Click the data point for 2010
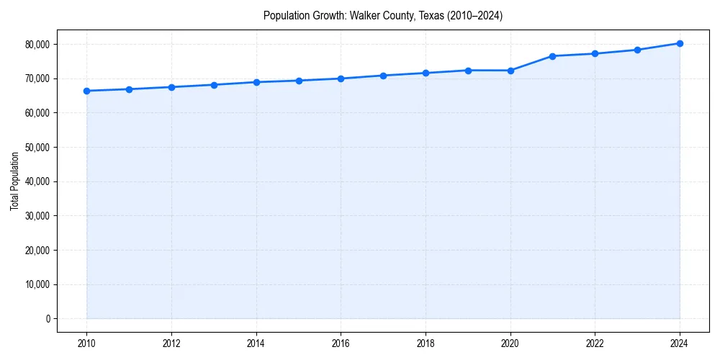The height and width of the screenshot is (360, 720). point(86,91)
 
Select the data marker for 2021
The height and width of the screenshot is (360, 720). point(552,56)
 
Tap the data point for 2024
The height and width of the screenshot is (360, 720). point(680,43)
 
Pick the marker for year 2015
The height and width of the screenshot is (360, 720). point(299,81)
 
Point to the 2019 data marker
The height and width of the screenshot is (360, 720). point(468,71)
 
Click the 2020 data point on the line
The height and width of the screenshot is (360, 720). point(510,71)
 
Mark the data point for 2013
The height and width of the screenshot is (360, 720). point(214,85)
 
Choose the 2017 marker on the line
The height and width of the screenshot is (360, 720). point(383,76)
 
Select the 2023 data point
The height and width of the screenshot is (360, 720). point(637,50)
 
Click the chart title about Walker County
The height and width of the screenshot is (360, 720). point(383,15)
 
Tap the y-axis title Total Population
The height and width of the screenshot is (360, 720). point(14,181)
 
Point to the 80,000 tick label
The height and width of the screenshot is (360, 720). point(37,44)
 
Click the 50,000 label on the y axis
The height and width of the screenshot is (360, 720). point(37,147)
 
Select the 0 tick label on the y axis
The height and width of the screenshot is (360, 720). point(48,319)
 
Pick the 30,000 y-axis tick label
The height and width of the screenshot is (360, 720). point(37,216)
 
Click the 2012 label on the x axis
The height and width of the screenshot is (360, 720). point(171,343)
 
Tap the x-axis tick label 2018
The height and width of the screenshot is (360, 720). point(426,343)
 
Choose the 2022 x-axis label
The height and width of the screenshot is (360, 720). point(595,343)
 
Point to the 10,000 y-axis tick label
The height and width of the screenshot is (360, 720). point(37,284)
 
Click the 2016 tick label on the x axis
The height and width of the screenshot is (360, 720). point(341,343)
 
